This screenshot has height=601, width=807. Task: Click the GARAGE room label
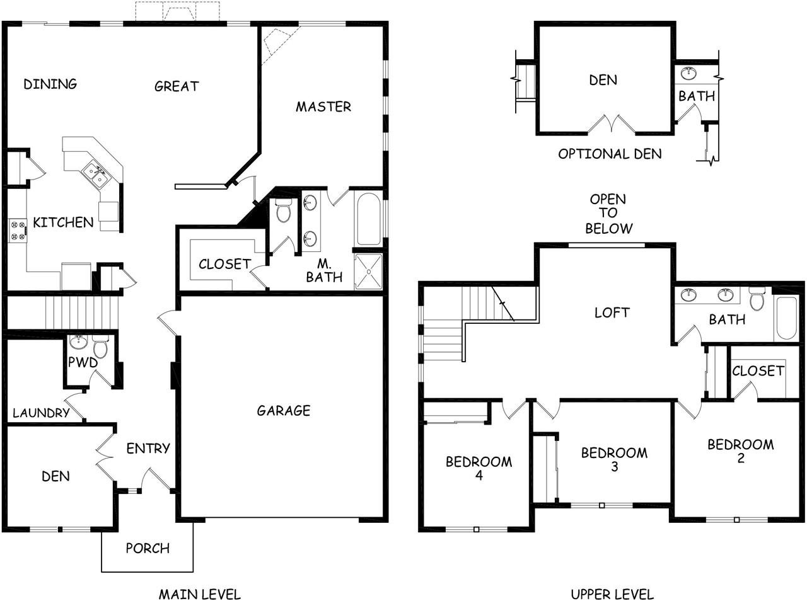coord(284,410)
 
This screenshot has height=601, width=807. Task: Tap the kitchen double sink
coord(95,176)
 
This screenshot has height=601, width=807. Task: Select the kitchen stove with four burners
coord(18,231)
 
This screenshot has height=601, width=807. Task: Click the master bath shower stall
coord(368,272)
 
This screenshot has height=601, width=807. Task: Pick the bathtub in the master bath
coord(369,219)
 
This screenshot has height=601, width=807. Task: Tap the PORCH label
coord(148,549)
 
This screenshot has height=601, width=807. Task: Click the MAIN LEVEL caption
coord(200,594)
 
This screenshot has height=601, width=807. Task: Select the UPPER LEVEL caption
coord(612,594)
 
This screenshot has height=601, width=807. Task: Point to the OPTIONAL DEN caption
coord(610,154)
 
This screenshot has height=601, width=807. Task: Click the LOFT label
coord(612,312)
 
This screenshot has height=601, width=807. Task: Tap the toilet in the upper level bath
coord(757,299)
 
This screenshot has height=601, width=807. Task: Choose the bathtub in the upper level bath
coord(786,318)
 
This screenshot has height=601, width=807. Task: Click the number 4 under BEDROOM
coord(479,476)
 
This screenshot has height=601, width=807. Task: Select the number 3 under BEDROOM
coord(614,467)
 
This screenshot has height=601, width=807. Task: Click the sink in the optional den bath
coord(688,73)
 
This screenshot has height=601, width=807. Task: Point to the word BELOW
coord(609,229)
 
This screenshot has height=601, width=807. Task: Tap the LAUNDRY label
coord(41,413)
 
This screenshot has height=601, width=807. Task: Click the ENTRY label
coord(148,448)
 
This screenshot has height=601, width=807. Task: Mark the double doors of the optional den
coord(612,124)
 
